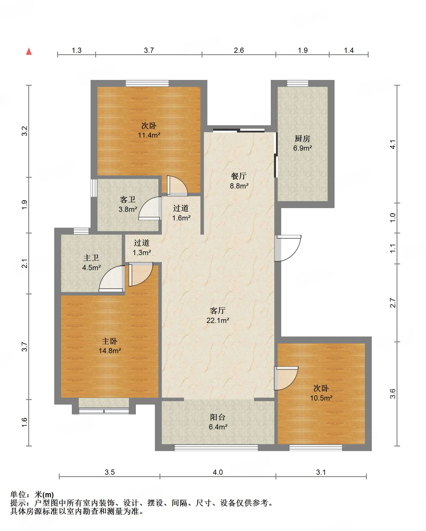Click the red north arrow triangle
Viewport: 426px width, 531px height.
point(29,51)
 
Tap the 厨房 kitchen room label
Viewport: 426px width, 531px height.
point(303,139)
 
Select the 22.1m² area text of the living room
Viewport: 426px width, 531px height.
point(218,320)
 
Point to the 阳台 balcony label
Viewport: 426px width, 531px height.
point(218,417)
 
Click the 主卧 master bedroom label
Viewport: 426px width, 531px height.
point(110,341)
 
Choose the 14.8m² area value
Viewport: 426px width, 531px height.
point(110,351)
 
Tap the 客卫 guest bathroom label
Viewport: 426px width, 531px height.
point(128,199)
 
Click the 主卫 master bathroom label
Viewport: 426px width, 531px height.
point(91,258)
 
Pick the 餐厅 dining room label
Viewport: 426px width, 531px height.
point(239,176)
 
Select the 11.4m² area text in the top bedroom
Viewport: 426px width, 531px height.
point(149,135)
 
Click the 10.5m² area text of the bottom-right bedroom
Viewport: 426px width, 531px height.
point(321,398)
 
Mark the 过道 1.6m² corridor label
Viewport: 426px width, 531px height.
point(181,213)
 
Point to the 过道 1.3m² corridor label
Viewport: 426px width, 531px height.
point(142,248)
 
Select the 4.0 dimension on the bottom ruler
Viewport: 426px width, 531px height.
point(218,472)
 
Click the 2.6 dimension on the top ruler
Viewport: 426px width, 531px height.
point(239,51)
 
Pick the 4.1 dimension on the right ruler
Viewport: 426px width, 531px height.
point(393,144)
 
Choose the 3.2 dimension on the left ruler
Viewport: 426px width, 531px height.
point(25,131)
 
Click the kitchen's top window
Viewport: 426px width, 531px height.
point(298,83)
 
